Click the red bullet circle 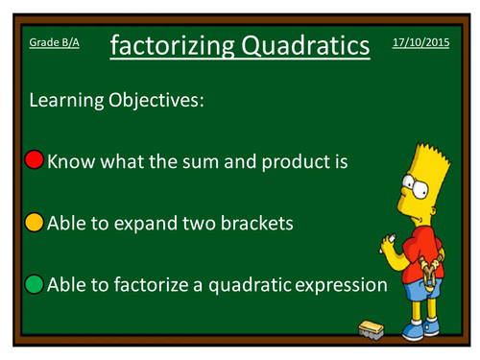[35, 160]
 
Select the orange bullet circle [35, 223]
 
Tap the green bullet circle [35, 283]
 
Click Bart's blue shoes [422, 332]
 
